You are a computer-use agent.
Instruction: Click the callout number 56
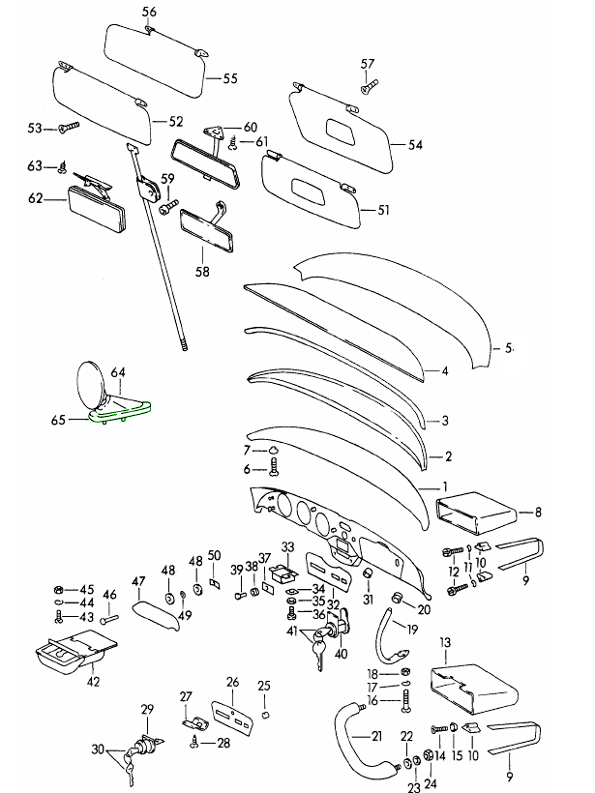tap(148, 12)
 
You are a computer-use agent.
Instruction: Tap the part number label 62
tap(36, 199)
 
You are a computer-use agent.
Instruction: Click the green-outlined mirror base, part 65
tap(120, 412)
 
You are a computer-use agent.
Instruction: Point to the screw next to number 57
tap(368, 87)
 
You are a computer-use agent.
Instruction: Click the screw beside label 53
tap(69, 127)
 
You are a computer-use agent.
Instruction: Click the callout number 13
tap(446, 642)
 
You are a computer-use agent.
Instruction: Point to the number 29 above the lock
tap(147, 710)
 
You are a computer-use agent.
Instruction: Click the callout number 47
tap(138, 581)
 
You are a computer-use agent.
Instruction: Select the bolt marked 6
tap(275, 468)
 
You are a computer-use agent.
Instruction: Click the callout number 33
tap(287, 547)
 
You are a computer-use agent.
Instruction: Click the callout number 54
tap(415, 146)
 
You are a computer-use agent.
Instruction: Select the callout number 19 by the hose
tap(412, 630)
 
